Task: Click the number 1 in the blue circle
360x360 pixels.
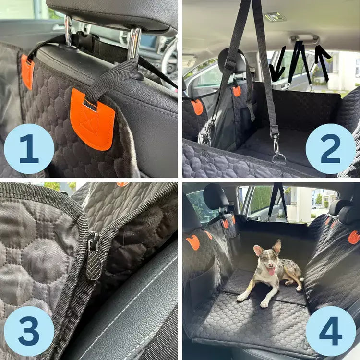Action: point(29,149)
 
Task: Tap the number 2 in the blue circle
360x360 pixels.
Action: point(331,149)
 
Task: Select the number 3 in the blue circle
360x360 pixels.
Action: point(29,331)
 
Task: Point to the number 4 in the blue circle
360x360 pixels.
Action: point(331,331)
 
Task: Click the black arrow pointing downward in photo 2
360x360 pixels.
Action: point(278,65)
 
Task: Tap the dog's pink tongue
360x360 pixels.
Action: point(271,272)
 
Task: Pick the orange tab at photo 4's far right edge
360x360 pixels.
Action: point(354,237)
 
